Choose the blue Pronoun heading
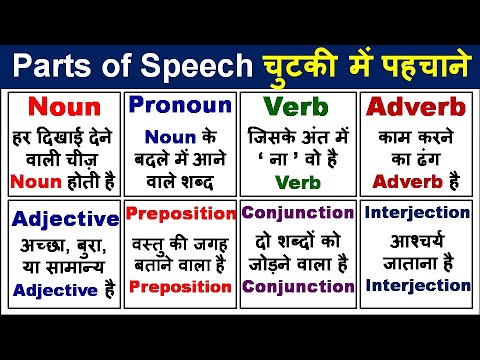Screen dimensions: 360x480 click(x=180, y=105)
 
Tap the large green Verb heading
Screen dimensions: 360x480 click(x=299, y=107)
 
